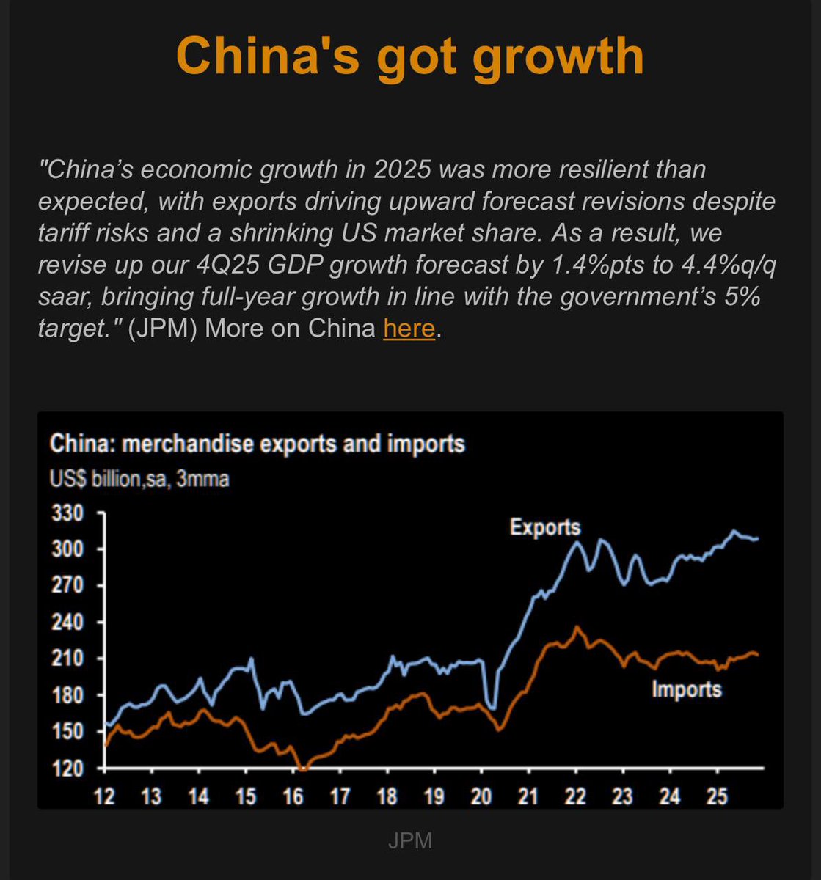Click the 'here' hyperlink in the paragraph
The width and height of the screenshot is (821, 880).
click(x=409, y=328)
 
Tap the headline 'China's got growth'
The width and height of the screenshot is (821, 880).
click(x=410, y=56)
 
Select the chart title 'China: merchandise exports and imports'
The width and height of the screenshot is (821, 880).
click(x=257, y=444)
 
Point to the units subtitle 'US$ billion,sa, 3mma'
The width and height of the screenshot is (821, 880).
click(x=139, y=480)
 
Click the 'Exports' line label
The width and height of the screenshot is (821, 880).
click(x=545, y=527)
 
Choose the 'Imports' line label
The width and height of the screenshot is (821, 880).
click(x=687, y=689)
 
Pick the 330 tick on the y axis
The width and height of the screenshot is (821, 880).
click(x=67, y=513)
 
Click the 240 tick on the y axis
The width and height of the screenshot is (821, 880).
click(x=67, y=622)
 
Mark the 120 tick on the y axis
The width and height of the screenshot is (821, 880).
click(x=67, y=768)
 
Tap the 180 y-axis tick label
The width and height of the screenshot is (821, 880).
click(x=67, y=694)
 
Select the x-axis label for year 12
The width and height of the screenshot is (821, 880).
click(x=105, y=796)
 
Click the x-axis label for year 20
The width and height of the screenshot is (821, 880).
click(x=481, y=796)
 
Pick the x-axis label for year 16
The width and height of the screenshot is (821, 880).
click(x=293, y=796)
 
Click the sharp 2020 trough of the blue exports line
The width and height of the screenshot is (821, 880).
click(x=493, y=708)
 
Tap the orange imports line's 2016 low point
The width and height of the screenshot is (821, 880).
click(x=302, y=769)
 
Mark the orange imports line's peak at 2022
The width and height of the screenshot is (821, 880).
click(x=577, y=627)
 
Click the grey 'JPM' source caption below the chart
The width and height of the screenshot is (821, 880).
click(x=410, y=840)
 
